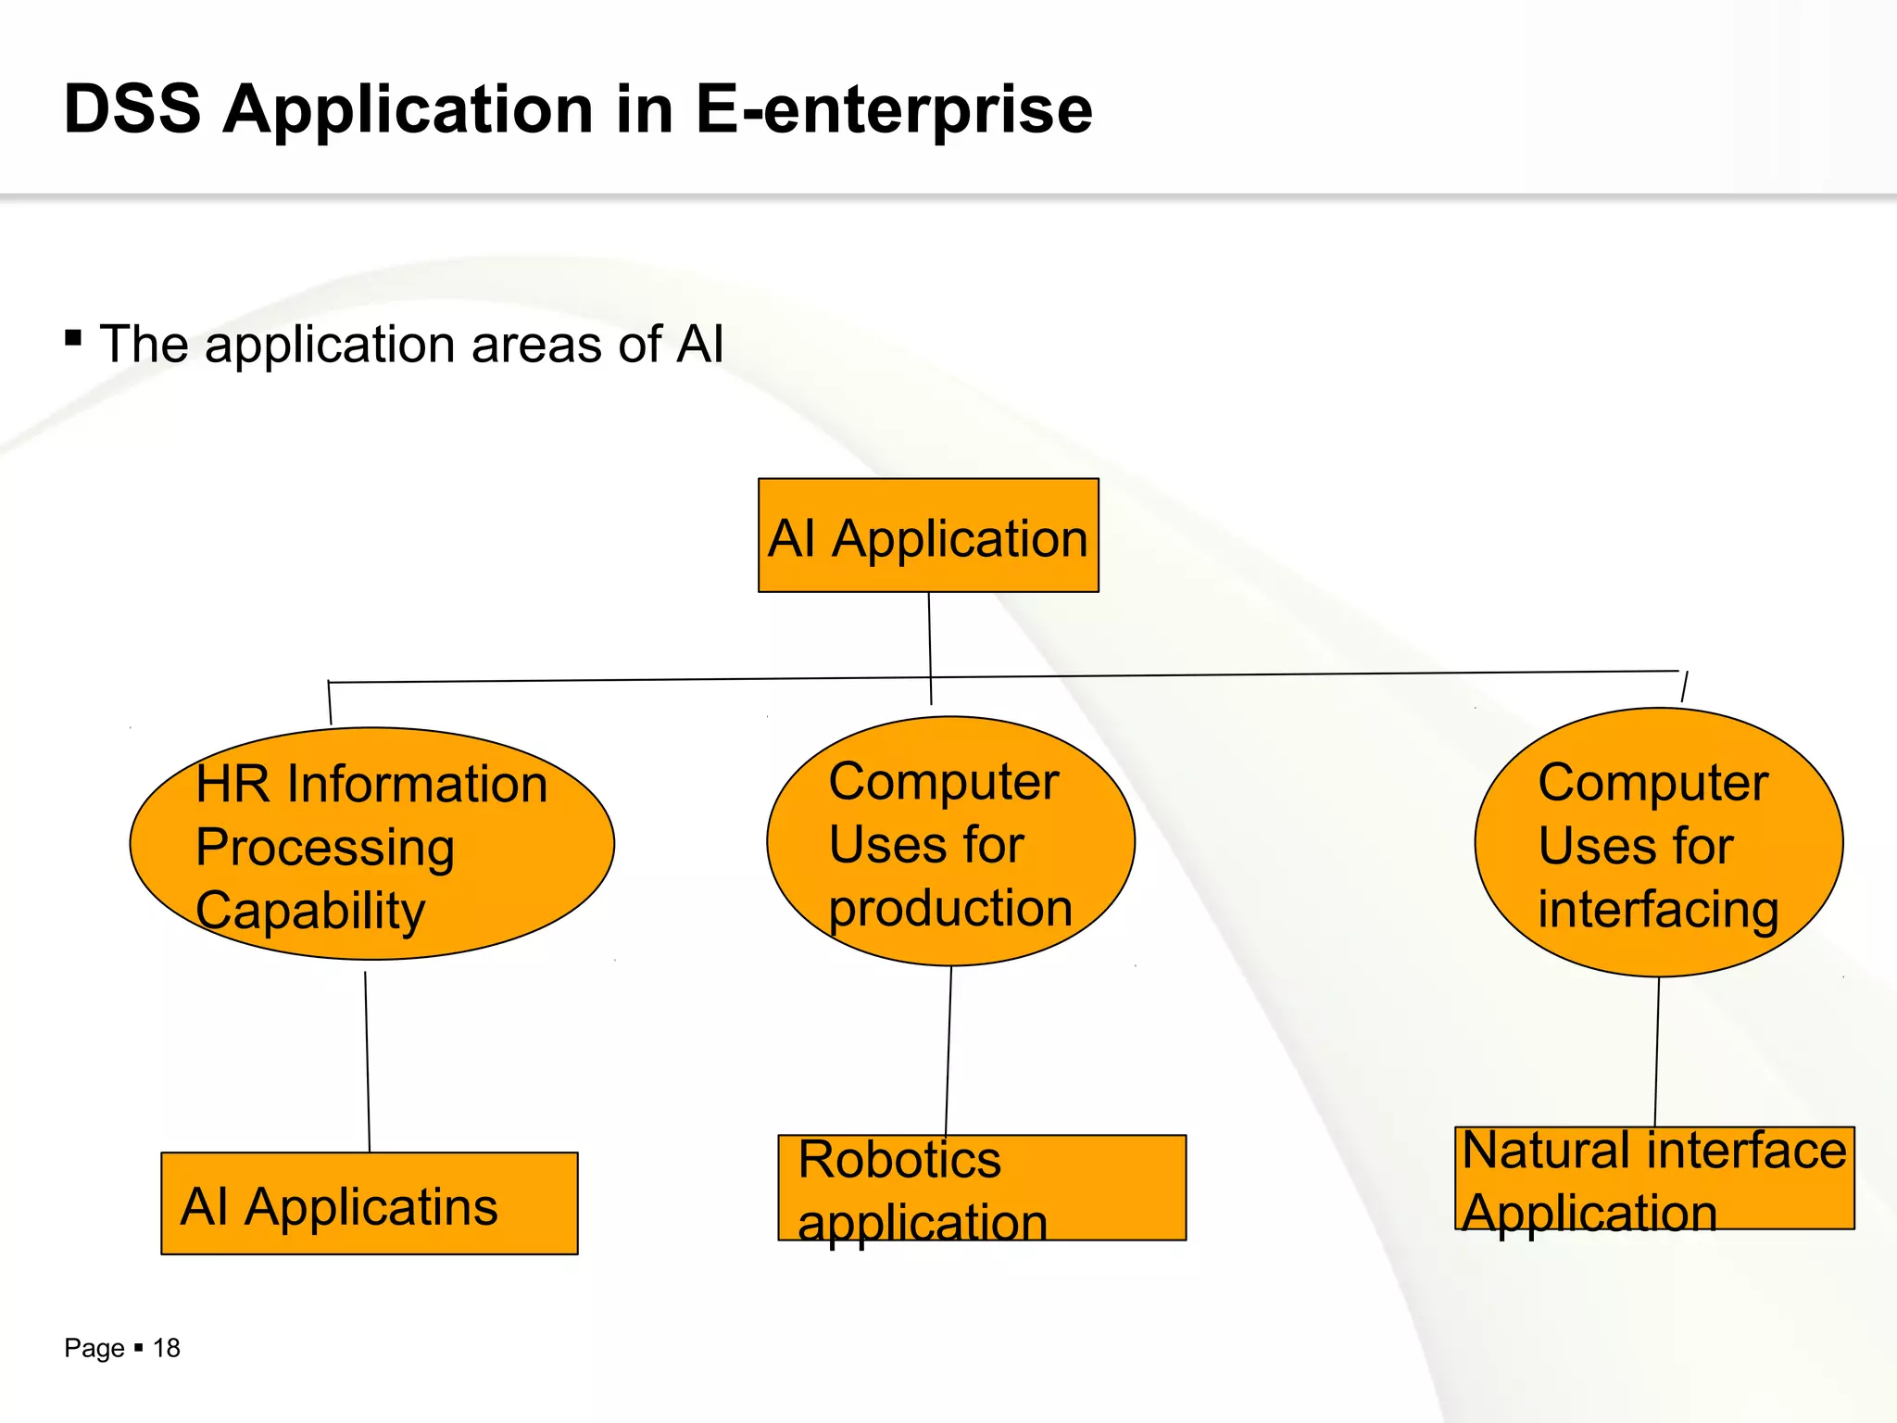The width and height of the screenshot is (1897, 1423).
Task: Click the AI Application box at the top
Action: [x=928, y=535]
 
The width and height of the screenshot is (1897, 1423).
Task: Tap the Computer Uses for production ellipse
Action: [x=950, y=841]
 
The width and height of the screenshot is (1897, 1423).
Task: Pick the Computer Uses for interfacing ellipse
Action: [x=1658, y=842]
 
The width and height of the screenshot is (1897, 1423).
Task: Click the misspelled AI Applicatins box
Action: [x=369, y=1204]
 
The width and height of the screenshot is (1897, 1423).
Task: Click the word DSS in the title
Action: [x=132, y=109]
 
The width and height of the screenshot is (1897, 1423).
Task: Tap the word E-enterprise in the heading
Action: [x=894, y=109]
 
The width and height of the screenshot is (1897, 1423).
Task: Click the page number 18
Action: [x=167, y=1348]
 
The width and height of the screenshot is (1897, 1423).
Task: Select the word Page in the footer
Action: [x=94, y=1348]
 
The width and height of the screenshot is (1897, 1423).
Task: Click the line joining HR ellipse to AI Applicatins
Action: [x=367, y=1061]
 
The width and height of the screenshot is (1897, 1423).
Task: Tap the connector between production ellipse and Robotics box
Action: [x=948, y=1052]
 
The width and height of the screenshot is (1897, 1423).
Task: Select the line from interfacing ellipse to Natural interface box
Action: [x=1657, y=1052]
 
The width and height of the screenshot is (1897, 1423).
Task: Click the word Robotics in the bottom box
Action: [x=899, y=1159]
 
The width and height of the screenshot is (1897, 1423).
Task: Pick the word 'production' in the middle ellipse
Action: [x=950, y=907]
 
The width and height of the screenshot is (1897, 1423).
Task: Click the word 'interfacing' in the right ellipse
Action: [x=1658, y=909]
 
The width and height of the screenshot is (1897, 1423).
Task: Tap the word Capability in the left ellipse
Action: [x=310, y=911]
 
